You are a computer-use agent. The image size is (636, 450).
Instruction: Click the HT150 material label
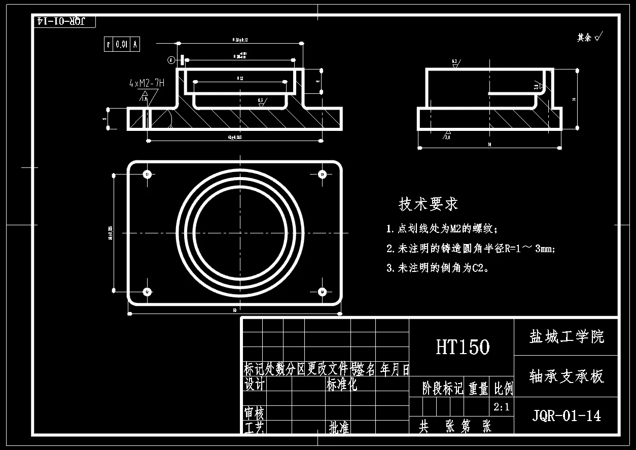coord(463,347)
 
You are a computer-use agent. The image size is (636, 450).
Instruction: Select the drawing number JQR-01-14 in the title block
coord(567,416)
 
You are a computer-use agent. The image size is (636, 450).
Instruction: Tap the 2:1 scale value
coord(502,406)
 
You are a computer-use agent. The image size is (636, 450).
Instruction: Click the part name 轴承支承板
coord(567,376)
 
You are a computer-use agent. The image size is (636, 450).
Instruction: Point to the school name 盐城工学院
coord(567,336)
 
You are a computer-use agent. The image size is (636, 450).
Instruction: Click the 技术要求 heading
coord(429,204)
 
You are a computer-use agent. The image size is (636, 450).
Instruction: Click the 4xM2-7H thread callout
coord(147,83)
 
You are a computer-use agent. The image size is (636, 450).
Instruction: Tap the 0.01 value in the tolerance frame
coord(121,45)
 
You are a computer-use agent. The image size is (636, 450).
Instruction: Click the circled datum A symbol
coord(171,60)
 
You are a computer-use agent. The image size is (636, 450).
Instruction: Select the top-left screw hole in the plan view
coord(148,175)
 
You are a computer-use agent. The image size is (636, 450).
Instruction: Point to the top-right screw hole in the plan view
coord(322,175)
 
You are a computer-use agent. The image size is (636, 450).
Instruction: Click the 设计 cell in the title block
coord(254,385)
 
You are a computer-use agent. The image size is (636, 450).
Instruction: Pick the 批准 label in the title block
coord(339,428)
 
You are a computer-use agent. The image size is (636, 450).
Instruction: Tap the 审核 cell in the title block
coord(254,413)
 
